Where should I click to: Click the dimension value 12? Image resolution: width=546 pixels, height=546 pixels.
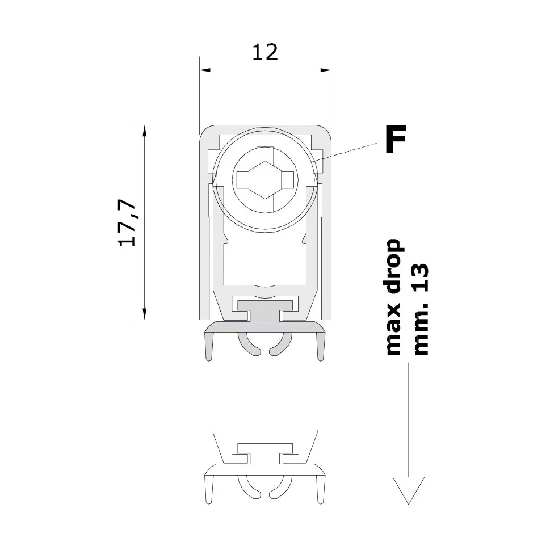tap(265, 52)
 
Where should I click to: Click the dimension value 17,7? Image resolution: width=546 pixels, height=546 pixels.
tap(127, 223)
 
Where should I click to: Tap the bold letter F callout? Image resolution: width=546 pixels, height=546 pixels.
tap(396, 139)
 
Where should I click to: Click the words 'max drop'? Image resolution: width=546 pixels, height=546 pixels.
tap(394, 297)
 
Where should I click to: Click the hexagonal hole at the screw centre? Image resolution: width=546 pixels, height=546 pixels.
tap(266, 180)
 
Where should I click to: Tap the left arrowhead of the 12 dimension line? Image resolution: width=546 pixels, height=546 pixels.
tap(205, 70)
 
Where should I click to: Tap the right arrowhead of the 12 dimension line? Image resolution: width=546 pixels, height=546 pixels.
tap(325, 70)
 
